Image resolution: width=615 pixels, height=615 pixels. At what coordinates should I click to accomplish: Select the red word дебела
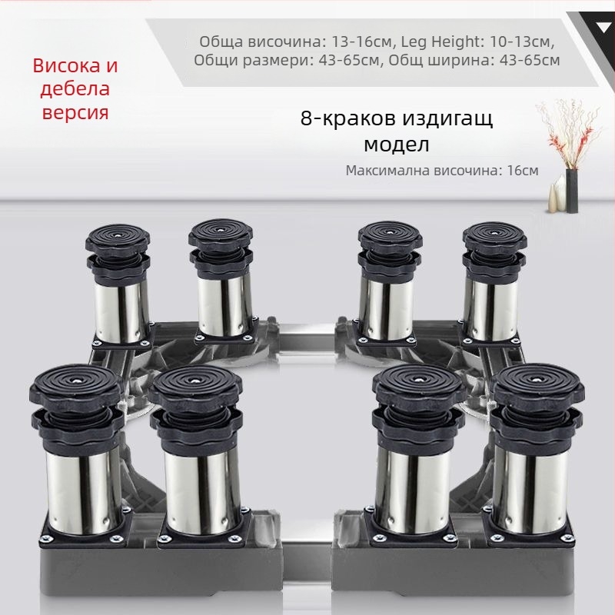click(x=71, y=88)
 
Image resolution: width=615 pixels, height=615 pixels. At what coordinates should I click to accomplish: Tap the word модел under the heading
click(x=396, y=144)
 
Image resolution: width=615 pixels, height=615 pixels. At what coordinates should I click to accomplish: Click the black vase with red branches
click(x=571, y=188)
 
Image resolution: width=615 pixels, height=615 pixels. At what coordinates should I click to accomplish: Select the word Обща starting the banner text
click(x=218, y=41)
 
